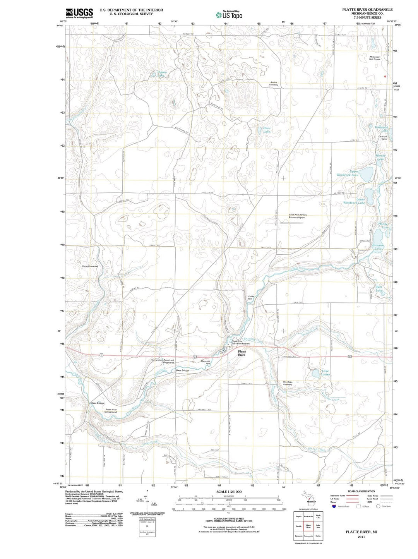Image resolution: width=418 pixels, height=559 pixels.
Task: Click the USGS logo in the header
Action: (79, 14)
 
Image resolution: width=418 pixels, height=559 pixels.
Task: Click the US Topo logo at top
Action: (229, 15)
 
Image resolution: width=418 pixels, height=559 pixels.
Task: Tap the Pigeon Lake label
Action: (161, 74)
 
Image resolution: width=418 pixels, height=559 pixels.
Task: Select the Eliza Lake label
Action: (267, 130)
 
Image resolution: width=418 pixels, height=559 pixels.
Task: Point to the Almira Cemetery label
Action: (274, 83)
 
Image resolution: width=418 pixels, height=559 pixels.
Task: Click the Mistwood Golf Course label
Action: (375, 58)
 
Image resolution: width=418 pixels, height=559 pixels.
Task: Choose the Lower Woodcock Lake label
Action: (355, 201)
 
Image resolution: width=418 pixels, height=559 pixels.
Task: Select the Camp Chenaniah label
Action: (90, 266)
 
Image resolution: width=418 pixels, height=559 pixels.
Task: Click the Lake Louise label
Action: (325, 372)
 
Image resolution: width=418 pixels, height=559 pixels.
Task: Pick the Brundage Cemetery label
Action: (288, 383)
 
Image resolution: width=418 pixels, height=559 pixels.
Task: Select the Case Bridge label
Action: (98, 403)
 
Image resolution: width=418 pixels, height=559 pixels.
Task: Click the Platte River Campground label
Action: (111, 411)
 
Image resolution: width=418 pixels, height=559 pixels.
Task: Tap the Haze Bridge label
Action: (182, 370)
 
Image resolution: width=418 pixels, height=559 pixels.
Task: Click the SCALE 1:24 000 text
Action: (229, 492)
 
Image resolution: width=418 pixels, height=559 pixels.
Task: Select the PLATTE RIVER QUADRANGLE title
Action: (361, 9)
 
